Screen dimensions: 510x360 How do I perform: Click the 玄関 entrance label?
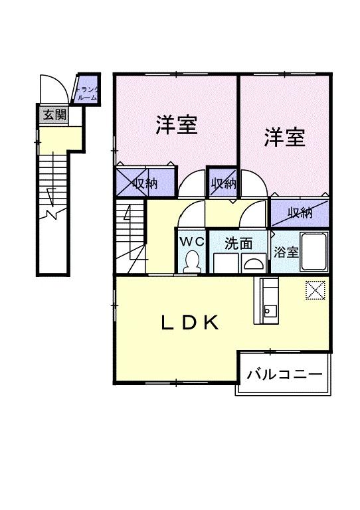pyautogui.click(x=54, y=114)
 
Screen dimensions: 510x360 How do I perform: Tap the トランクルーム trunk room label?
pyautogui.click(x=87, y=92)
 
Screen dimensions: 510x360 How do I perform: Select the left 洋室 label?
pyautogui.click(x=176, y=125)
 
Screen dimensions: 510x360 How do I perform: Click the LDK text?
pyautogui.click(x=191, y=323)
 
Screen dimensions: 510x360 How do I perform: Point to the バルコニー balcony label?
pyautogui.click(x=284, y=375)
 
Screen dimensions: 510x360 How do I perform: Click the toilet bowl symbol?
pyautogui.click(x=193, y=261)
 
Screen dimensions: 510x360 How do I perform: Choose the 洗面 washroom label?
pyautogui.click(x=238, y=243)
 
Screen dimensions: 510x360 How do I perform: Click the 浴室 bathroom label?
pyautogui.click(x=286, y=253)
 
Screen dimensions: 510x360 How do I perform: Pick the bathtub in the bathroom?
pyautogui.click(x=314, y=252)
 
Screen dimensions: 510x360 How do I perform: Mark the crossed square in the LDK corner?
pyautogui.click(x=315, y=290)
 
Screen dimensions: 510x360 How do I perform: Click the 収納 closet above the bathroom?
pyautogui.click(x=300, y=212)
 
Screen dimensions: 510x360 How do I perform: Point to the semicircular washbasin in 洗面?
pyautogui.click(x=253, y=264)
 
